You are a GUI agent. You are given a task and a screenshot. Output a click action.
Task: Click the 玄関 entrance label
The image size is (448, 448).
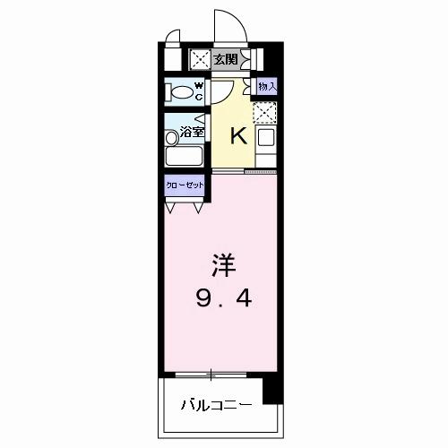(225, 59)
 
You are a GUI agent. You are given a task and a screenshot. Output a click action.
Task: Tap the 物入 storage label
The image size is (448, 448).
(267, 86)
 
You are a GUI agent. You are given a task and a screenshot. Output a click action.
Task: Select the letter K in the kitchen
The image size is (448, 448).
(238, 135)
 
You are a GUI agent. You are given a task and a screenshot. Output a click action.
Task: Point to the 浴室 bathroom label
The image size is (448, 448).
(192, 133)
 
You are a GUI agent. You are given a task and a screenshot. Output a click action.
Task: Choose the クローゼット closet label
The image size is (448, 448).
(185, 186)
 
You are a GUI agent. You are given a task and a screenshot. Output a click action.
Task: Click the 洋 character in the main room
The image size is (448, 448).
(224, 266)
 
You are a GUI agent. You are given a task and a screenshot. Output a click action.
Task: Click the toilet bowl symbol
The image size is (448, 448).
(180, 91)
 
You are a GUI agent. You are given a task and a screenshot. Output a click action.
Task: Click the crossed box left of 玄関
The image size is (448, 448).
(199, 60)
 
